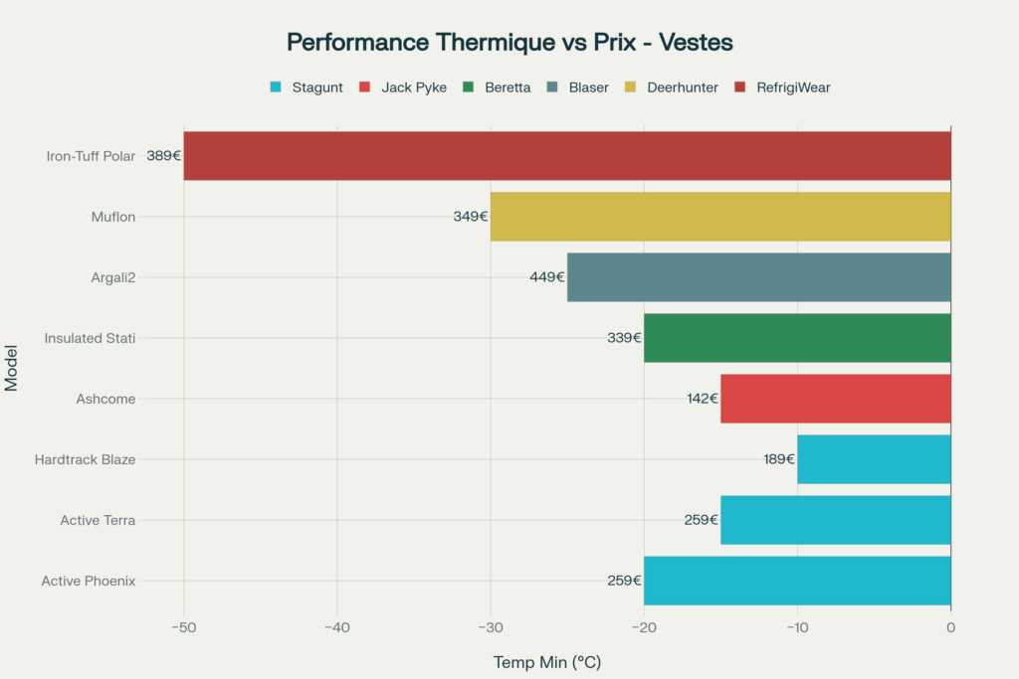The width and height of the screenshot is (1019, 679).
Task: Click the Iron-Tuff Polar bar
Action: pos(567,156)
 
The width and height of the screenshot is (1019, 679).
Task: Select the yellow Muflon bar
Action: pos(720,217)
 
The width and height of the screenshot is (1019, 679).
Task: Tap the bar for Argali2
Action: pos(759,277)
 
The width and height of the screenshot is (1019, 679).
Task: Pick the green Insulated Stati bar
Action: pos(797,338)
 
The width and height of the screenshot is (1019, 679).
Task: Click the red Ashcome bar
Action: pos(836,399)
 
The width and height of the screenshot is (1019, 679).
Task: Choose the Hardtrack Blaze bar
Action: pos(874,459)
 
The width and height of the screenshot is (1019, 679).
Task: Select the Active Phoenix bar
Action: pos(797,581)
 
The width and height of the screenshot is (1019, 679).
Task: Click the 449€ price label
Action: pos(547,277)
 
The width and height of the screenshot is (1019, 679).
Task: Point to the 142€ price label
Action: pos(702,399)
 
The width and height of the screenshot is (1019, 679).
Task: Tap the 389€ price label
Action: pos(163,156)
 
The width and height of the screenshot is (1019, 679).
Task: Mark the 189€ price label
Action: pos(779,459)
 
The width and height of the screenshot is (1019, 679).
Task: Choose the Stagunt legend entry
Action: pos(306,87)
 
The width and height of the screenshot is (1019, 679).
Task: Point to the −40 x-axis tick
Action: pos(337,627)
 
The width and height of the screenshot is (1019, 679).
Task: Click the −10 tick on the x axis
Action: pos(797,627)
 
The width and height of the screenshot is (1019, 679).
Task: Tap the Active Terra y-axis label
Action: pos(98,520)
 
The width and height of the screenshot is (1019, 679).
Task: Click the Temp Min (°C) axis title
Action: pos(547,662)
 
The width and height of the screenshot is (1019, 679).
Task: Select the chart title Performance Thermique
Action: pos(509,43)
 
